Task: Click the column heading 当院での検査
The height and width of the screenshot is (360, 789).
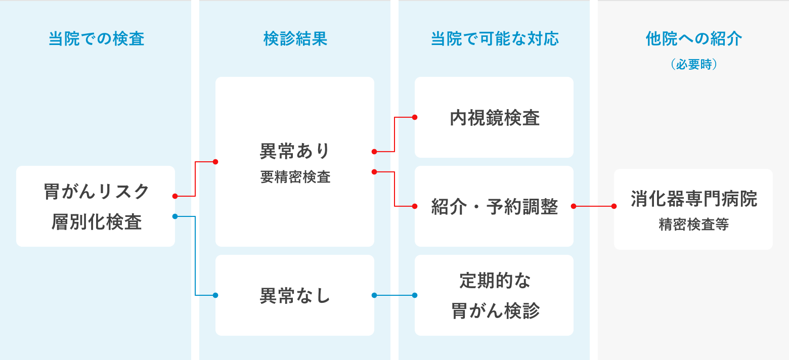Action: [96, 39]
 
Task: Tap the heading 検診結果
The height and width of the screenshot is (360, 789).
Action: [295, 39]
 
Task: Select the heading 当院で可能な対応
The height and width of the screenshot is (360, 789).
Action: [495, 39]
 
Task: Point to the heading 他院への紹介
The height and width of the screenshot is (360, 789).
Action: [693, 39]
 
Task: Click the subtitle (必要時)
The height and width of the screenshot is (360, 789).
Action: [693, 65]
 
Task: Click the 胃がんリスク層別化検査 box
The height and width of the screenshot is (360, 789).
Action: [96, 206]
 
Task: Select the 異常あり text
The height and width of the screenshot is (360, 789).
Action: [295, 151]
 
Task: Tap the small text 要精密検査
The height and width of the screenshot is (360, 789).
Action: [295, 177]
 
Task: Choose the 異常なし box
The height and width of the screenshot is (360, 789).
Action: [295, 295]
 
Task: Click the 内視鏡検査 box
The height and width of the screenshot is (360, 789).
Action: [494, 118]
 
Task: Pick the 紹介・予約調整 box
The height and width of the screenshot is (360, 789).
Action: [494, 206]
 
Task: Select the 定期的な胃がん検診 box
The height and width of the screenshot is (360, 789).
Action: [494, 295]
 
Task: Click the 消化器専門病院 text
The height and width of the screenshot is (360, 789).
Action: [693, 199]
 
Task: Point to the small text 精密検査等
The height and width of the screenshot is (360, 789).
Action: [693, 225]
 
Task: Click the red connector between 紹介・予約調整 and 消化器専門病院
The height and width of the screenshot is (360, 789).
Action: [594, 206]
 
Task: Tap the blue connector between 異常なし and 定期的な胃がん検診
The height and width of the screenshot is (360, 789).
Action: [394, 295]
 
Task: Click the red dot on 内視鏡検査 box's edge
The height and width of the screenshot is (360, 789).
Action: [415, 117]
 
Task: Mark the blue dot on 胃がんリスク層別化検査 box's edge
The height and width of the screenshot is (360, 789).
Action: [175, 216]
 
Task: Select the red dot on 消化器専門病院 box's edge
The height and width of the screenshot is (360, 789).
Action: [614, 206]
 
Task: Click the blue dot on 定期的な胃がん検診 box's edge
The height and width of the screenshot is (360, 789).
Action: [415, 295]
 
